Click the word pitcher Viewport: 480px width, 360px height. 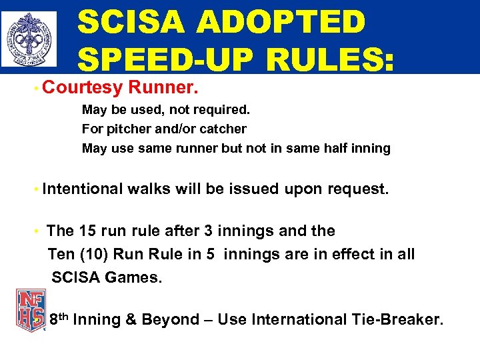click(126, 129)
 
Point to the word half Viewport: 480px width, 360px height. click(332, 148)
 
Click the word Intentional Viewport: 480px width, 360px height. click(83, 189)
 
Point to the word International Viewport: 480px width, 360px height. click(291, 319)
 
